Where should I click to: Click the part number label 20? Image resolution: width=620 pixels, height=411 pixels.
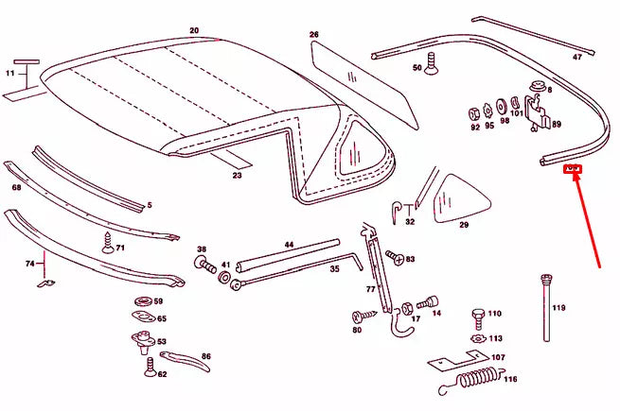(194, 30)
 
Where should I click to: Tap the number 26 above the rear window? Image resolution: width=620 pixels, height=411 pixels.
(314, 35)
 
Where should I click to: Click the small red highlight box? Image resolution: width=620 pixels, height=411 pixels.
(572, 170)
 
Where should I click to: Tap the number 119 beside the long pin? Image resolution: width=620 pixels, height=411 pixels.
(558, 307)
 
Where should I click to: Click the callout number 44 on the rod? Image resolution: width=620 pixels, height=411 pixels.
(289, 245)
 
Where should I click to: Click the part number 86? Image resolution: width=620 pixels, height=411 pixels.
(206, 356)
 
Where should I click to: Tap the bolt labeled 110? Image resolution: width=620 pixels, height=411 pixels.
(478, 316)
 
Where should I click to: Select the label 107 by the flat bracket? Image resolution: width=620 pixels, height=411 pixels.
(497, 357)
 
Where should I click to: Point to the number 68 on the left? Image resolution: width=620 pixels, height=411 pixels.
(16, 187)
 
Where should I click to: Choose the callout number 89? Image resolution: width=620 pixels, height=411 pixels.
(556, 125)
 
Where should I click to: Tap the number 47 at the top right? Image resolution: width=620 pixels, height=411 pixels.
(577, 57)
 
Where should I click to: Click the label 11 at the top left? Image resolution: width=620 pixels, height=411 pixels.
(10, 72)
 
